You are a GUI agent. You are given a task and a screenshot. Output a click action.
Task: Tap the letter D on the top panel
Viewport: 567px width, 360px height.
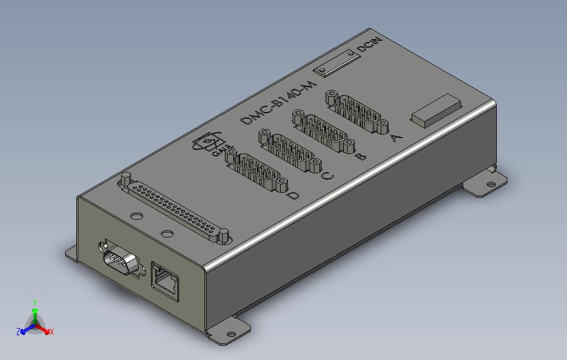(x=293, y=195)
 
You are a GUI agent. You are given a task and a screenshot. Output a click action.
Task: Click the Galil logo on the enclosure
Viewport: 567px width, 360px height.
(x=208, y=145)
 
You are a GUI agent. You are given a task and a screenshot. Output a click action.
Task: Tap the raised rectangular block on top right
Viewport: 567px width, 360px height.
(x=435, y=110)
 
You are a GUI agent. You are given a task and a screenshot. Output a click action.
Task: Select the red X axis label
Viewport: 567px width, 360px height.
(x=51, y=332)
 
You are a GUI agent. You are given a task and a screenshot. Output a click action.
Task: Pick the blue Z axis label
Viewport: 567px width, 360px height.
(x=18, y=331)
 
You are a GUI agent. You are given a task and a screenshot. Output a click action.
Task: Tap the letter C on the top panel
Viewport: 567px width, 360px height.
(x=327, y=177)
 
